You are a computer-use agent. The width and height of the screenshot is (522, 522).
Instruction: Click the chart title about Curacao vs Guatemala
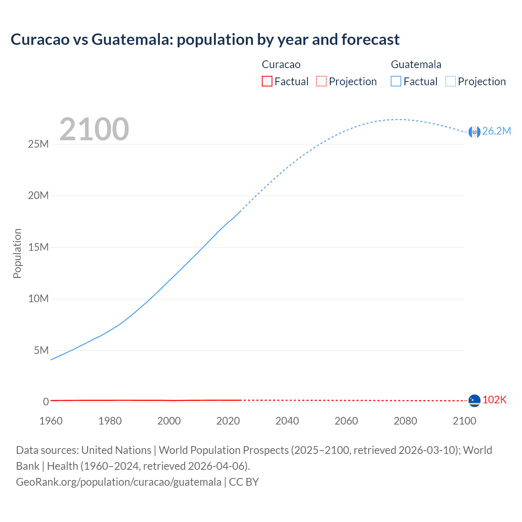point(205,40)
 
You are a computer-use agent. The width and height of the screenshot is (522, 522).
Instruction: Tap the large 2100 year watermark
point(94,129)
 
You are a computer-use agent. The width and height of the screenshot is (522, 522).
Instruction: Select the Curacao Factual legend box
point(267,81)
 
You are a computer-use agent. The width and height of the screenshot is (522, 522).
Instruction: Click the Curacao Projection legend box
point(321,81)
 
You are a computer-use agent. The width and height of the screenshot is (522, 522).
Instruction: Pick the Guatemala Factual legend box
point(396,81)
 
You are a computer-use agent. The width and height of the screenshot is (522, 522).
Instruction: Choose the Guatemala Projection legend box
point(450,81)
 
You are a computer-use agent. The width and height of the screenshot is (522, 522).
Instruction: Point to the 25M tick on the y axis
point(38,144)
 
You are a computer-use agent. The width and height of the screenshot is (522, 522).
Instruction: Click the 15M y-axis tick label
point(38,248)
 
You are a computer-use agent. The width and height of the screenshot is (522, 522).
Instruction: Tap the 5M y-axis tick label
point(41,351)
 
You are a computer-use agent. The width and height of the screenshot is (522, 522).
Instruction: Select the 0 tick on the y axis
point(46,402)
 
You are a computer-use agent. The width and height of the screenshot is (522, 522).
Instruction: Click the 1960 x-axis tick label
point(51,421)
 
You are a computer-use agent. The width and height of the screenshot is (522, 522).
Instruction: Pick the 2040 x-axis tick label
point(287,421)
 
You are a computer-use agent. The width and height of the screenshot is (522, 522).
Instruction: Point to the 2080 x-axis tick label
point(405,421)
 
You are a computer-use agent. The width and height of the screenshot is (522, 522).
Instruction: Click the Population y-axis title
point(17,253)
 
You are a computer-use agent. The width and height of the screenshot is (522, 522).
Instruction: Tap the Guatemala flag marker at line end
point(474,132)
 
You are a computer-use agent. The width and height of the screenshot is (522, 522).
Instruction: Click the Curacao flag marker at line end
point(474,400)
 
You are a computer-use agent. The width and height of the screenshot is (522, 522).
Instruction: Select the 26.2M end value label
point(496,131)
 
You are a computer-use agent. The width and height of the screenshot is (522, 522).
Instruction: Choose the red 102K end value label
point(494,400)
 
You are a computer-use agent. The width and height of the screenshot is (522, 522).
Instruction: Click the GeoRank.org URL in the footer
point(119,482)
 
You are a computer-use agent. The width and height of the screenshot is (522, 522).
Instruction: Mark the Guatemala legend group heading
point(416,64)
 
